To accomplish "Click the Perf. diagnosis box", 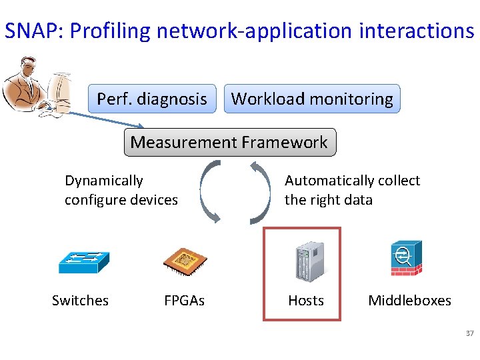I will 152,99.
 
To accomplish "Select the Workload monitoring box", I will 312,99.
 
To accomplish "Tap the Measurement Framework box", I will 229,142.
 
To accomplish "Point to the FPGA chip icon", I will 185,261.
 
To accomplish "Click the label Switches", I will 80,301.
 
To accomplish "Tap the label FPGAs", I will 184,301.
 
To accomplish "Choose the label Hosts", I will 305,301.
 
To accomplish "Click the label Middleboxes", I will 409,301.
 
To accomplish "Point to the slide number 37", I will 469,333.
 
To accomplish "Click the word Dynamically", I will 103,181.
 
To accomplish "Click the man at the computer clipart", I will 37,87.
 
